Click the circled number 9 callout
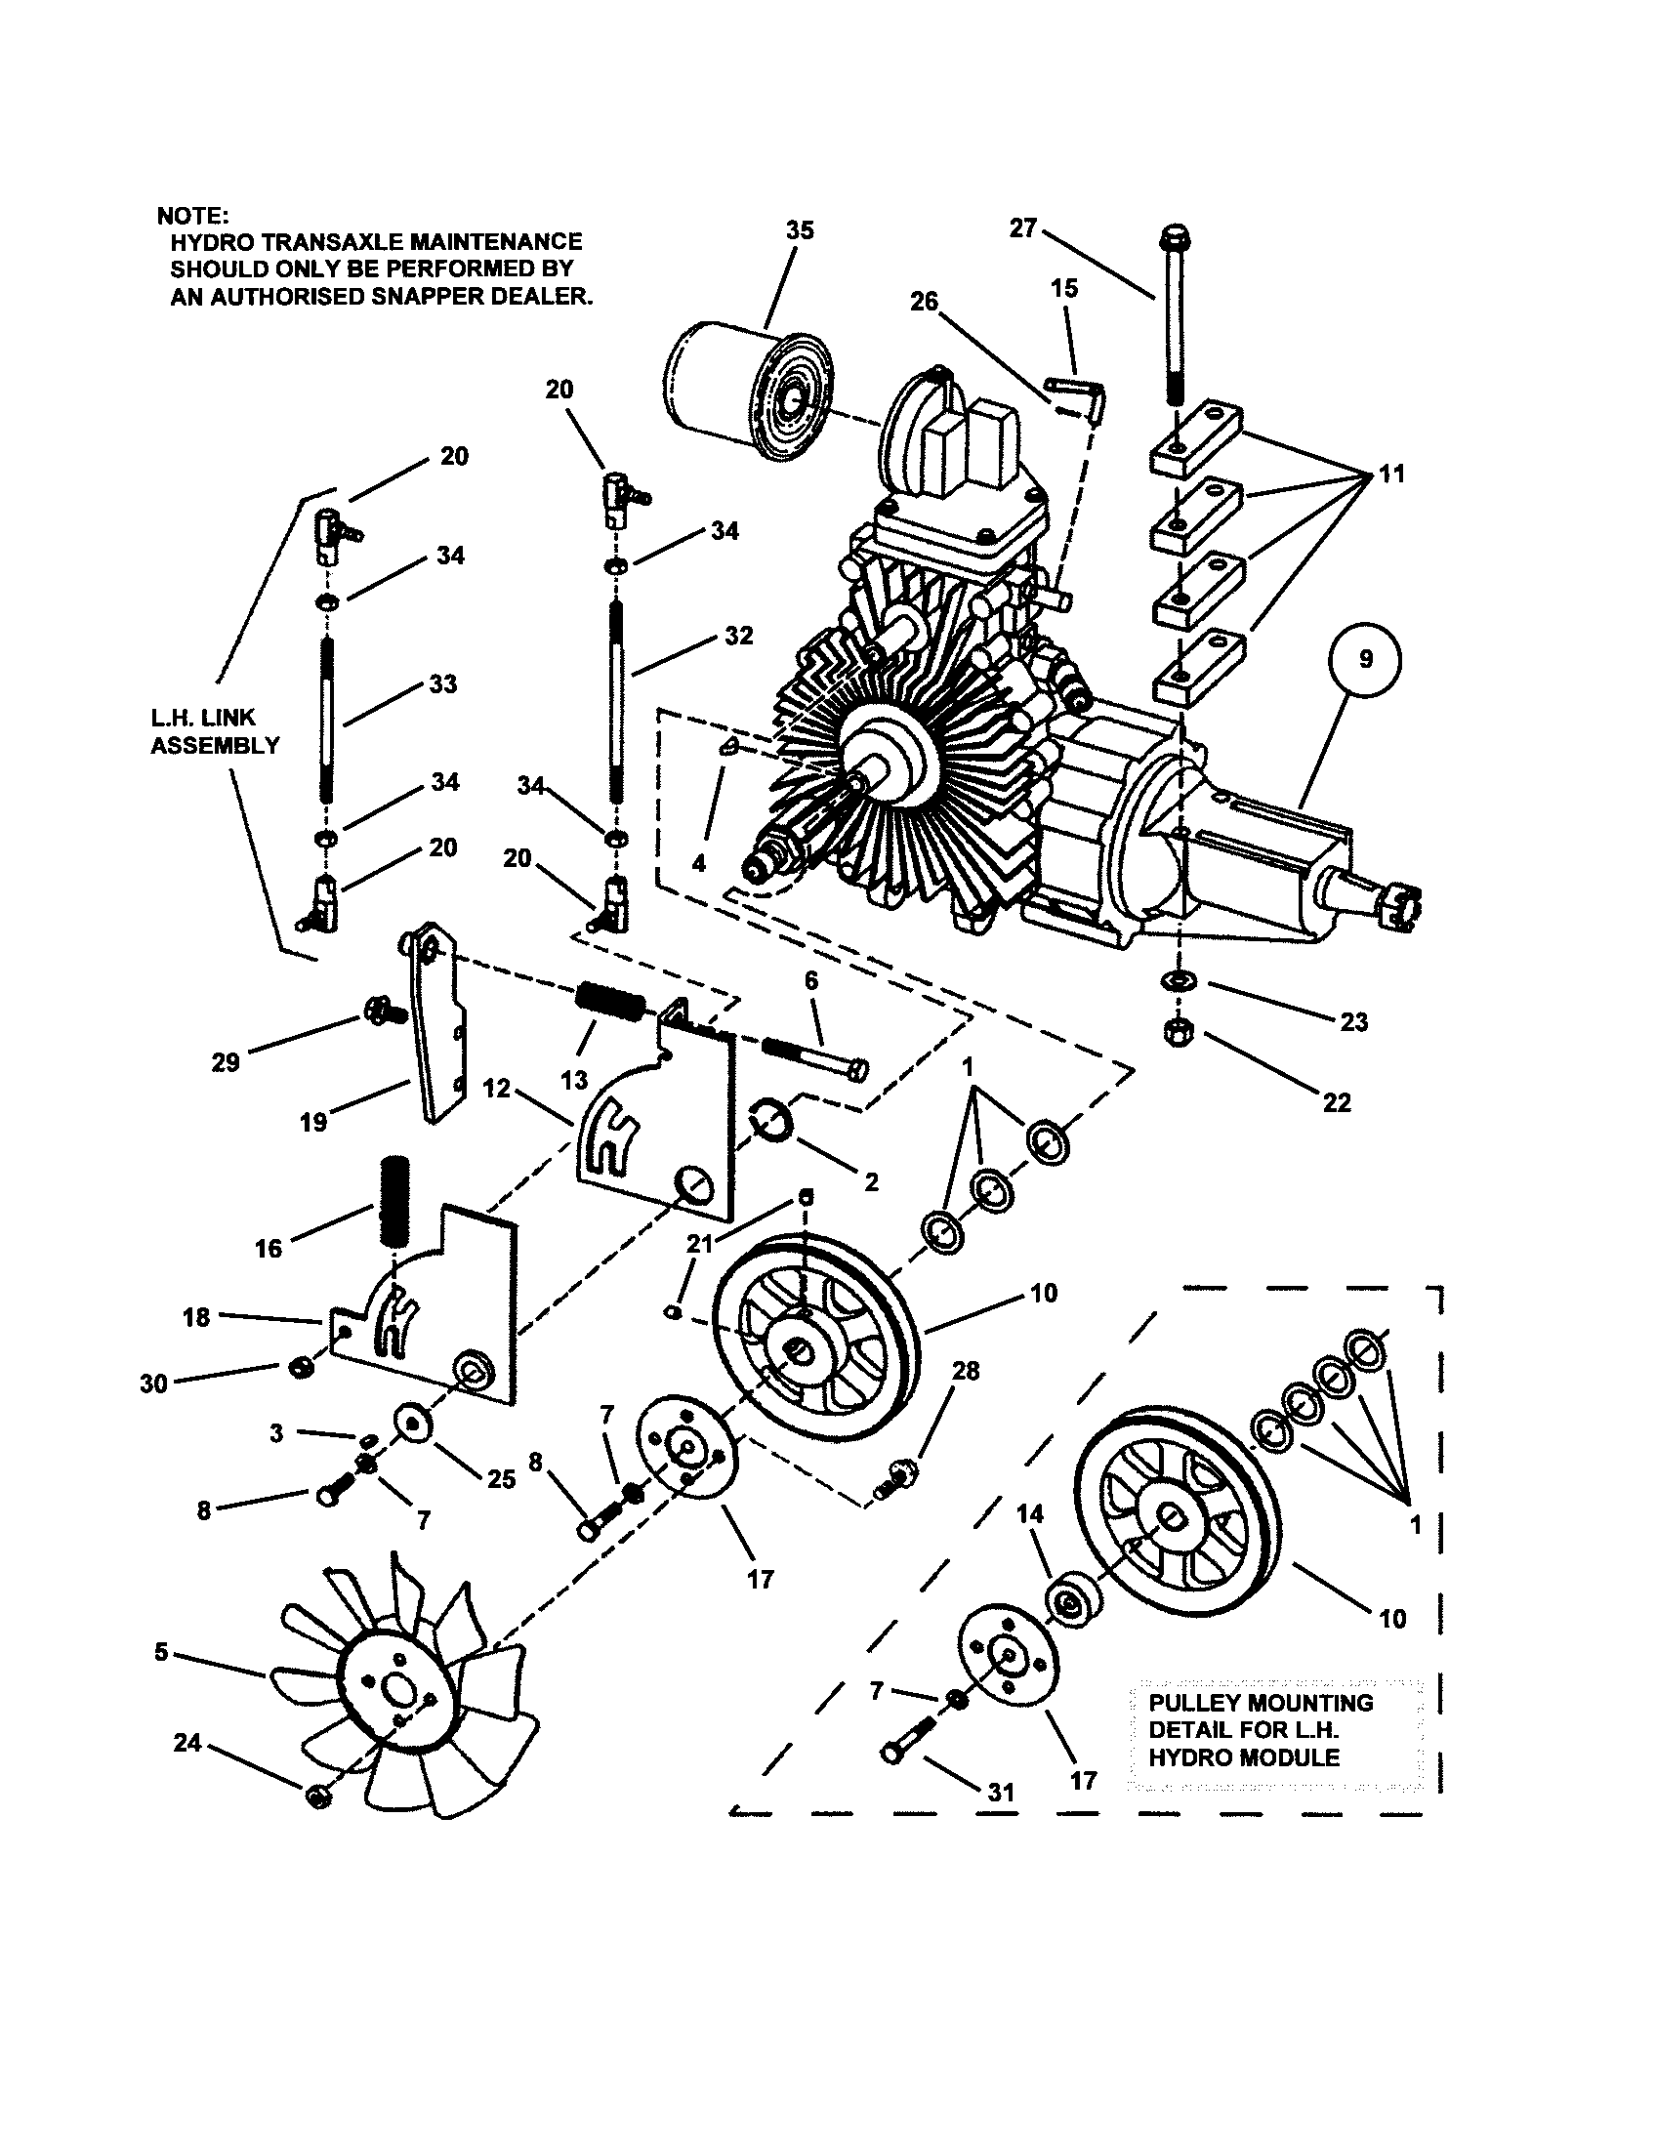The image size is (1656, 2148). (x=1365, y=660)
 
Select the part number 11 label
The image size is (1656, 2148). (x=1391, y=475)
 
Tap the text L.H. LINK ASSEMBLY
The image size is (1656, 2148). (x=215, y=730)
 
